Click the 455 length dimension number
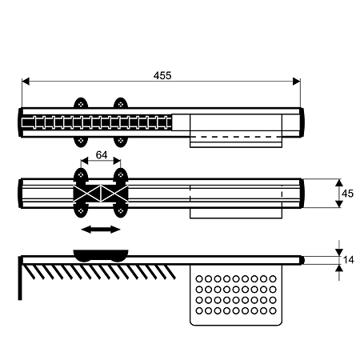coord(162,76)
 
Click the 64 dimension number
coord(102,155)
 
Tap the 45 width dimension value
coord(347,194)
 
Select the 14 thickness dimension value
coord(348,260)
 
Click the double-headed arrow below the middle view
coord(101,230)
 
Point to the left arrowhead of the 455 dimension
coord(26,82)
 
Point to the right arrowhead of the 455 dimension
coord(297,82)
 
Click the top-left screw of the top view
coord(81,104)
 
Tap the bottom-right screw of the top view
coord(121,140)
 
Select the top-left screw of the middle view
coord(81,175)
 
